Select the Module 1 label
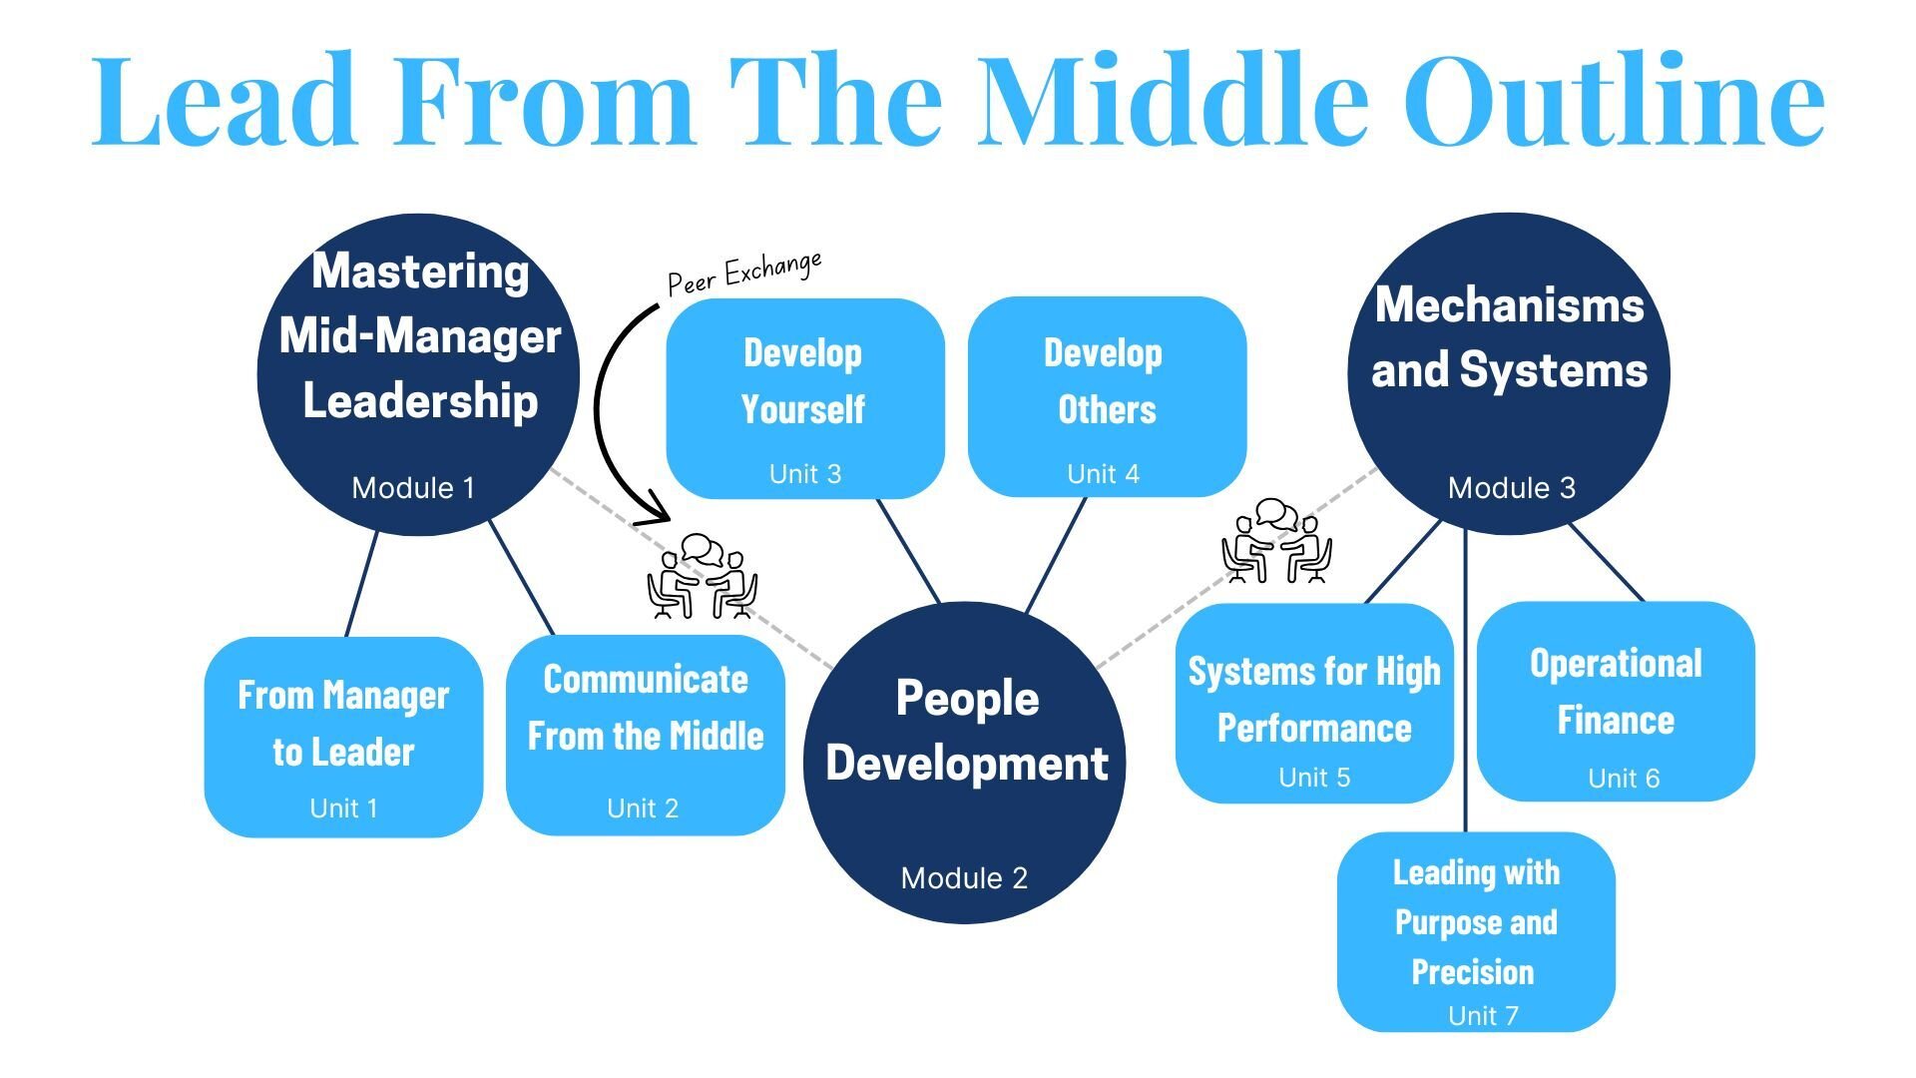tap(413, 488)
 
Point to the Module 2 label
tap(964, 878)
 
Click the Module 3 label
tap(1511, 488)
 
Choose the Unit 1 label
tap(344, 808)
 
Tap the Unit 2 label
tap(643, 808)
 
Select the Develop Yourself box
tap(804, 397)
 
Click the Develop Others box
tap(1107, 396)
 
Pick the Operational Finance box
tap(1615, 701)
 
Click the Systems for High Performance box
tap(1313, 703)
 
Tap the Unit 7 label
tap(1483, 1016)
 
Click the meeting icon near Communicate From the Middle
tap(703, 577)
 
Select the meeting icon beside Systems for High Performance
tap(1276, 541)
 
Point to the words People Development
tap(966, 731)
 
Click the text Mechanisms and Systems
tap(1509, 337)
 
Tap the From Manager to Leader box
tap(343, 737)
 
